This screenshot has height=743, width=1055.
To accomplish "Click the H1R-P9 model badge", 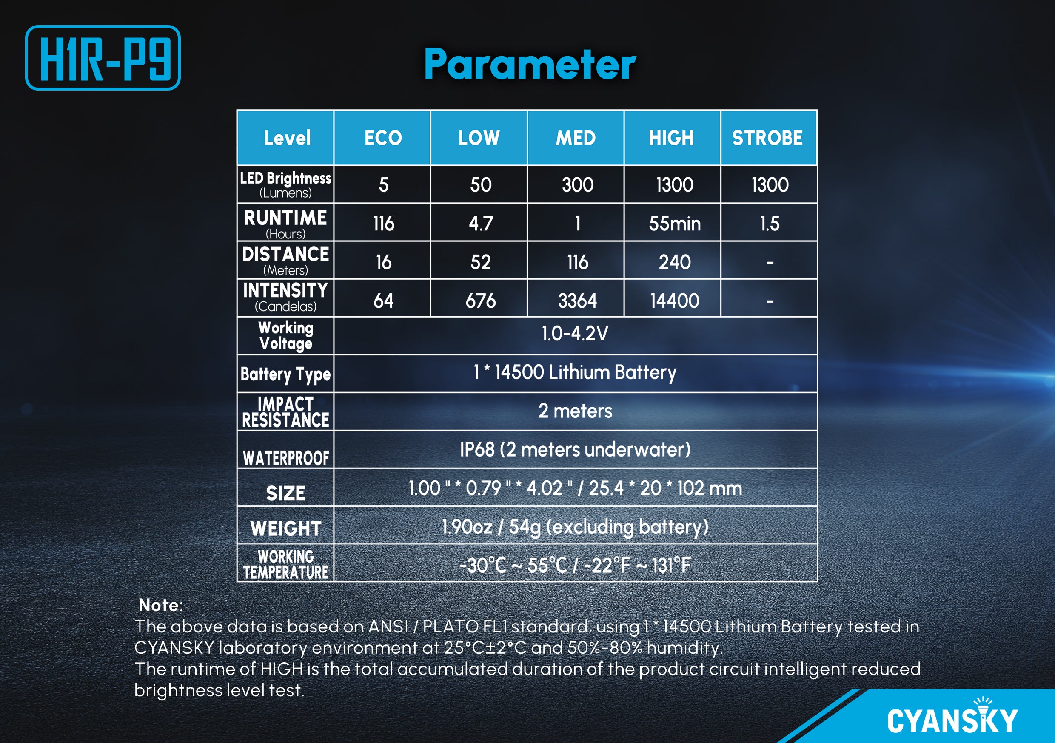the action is click(x=103, y=58).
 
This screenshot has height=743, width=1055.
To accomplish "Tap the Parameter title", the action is click(x=530, y=64).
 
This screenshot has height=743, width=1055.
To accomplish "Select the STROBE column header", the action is click(x=767, y=138).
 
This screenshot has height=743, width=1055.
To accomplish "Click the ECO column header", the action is click(x=383, y=138).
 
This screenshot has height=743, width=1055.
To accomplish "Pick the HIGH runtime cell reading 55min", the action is click(x=675, y=224).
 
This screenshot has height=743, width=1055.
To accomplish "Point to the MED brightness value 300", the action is click(x=578, y=185).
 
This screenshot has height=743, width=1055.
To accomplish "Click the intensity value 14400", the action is click(x=675, y=301).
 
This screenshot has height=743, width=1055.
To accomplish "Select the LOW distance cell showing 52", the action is click(x=481, y=262).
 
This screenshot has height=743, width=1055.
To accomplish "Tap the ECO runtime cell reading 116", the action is click(x=384, y=224).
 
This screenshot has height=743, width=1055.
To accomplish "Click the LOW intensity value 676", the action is click(x=481, y=301).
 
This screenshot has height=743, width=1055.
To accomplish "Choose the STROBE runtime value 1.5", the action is click(x=770, y=224).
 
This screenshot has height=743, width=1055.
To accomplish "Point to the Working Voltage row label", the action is click(x=286, y=336).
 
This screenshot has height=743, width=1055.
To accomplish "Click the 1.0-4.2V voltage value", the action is click(x=575, y=333).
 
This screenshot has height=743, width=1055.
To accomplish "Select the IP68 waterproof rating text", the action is click(x=575, y=450).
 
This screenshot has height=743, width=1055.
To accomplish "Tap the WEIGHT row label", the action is click(x=286, y=528).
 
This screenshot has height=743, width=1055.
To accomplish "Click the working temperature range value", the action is click(x=575, y=565).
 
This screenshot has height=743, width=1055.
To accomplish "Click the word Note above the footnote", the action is click(x=161, y=605).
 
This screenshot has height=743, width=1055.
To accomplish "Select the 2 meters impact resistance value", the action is click(x=575, y=411).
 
